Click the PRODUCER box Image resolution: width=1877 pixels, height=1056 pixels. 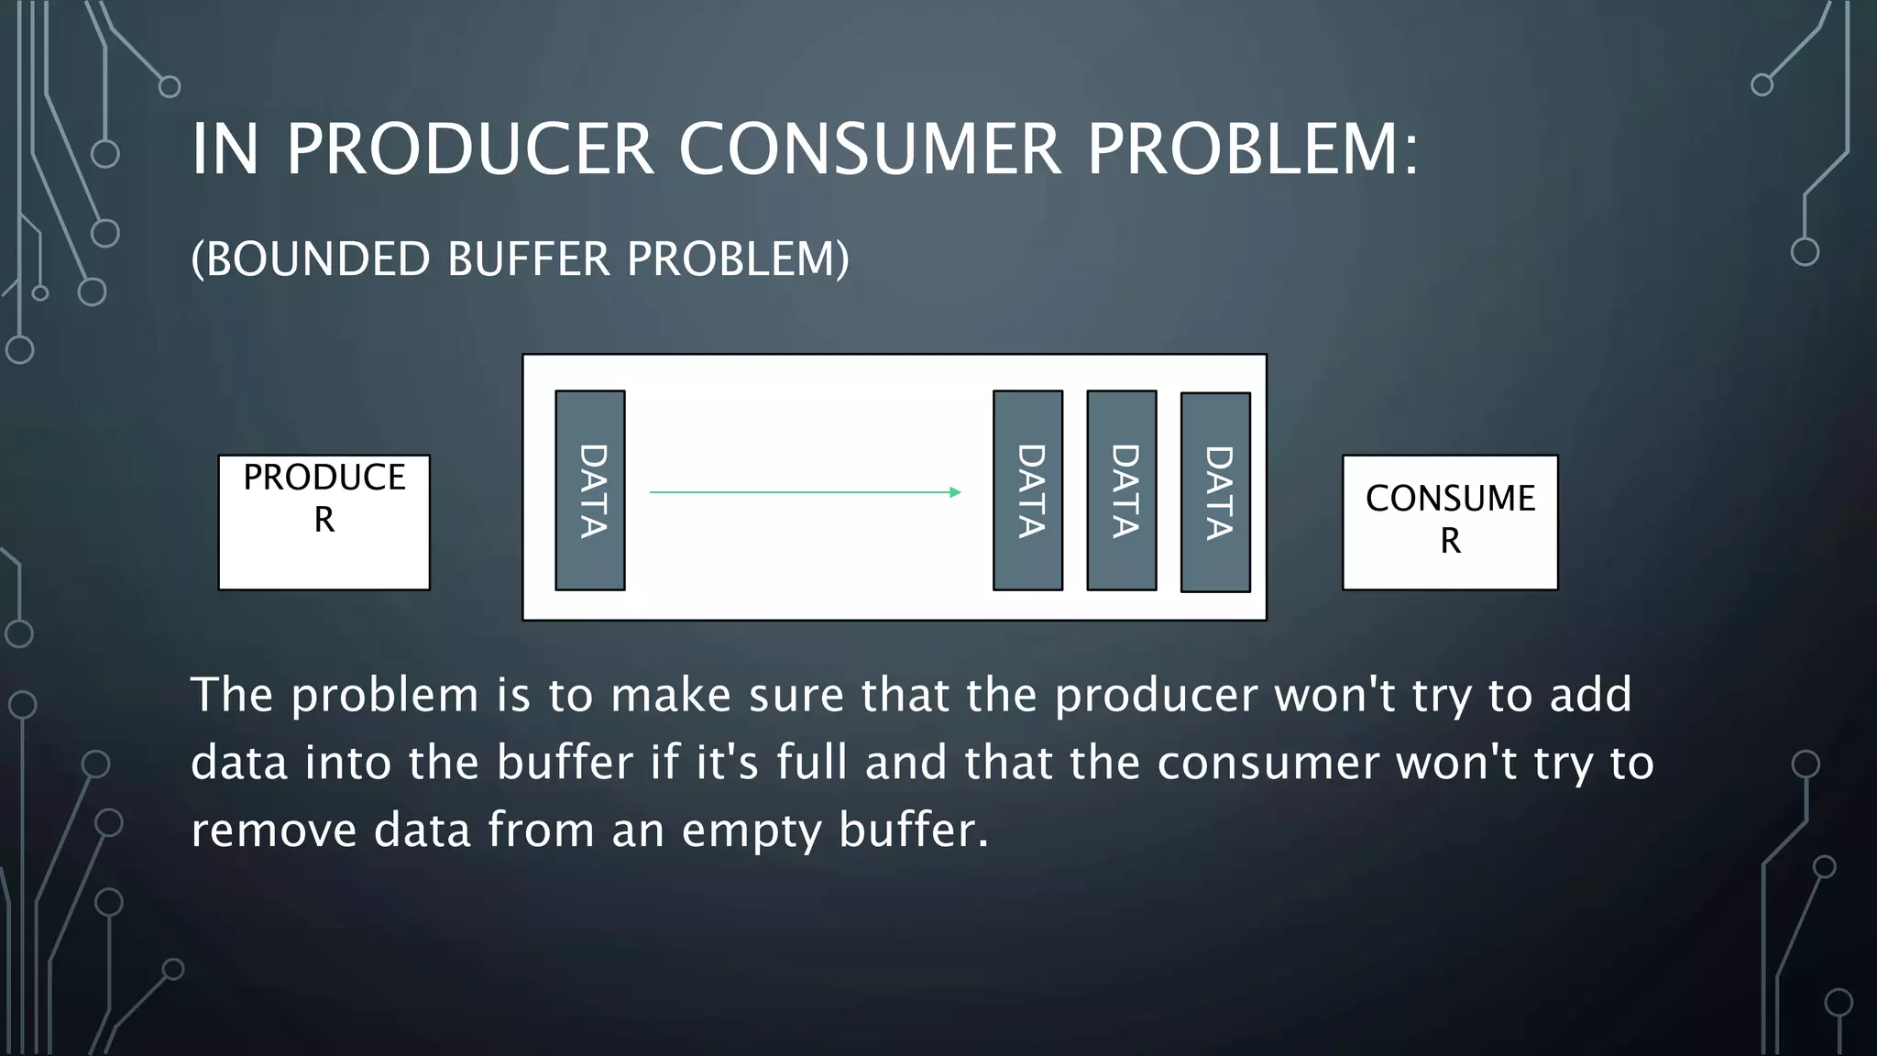point(324,522)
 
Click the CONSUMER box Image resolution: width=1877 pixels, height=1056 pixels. point(1449,522)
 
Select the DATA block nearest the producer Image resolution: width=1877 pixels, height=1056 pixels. point(590,490)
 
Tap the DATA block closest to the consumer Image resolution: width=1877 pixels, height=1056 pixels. point(1215,492)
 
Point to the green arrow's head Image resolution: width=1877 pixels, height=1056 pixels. point(955,492)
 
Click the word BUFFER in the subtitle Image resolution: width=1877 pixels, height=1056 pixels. point(528,258)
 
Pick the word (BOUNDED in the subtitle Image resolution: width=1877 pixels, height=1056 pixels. point(310,258)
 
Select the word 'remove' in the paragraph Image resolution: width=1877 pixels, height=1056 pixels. point(273,830)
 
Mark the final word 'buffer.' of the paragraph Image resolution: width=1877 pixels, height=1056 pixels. point(913,830)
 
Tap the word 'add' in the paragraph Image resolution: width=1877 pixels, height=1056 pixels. point(1590,695)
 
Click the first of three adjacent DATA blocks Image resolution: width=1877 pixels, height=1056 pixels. point(1027,490)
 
